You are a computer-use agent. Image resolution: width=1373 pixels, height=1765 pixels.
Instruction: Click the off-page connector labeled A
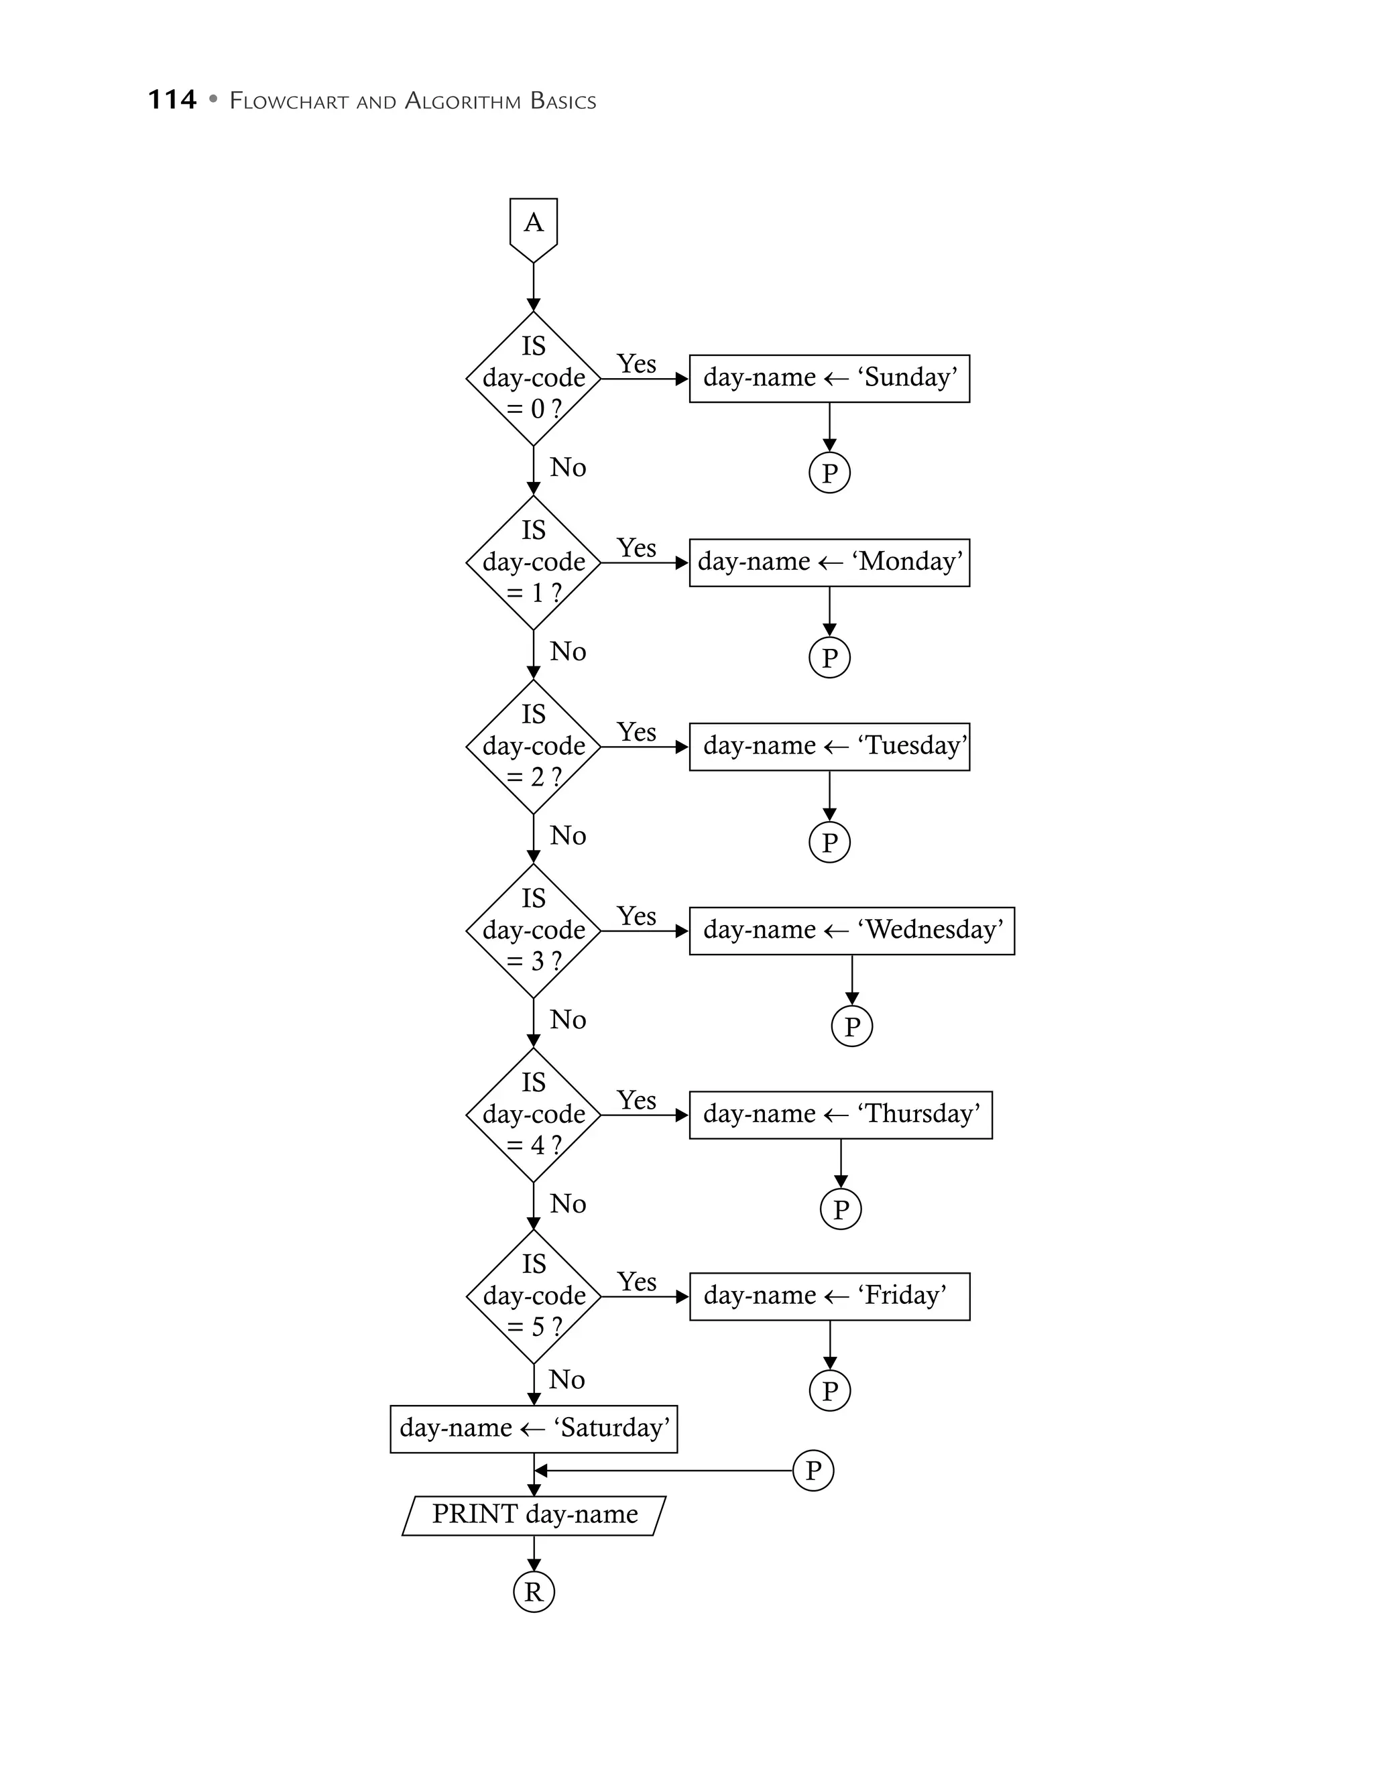(x=534, y=227)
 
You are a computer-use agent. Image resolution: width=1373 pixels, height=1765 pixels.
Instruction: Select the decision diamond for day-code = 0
(x=534, y=378)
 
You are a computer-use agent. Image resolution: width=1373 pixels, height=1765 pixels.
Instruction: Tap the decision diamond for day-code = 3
(x=534, y=930)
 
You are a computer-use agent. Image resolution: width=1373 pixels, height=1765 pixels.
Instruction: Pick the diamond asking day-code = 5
(x=534, y=1296)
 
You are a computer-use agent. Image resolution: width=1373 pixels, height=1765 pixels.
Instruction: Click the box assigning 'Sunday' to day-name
(x=829, y=378)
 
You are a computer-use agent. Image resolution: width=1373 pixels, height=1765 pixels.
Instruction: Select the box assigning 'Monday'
(x=829, y=562)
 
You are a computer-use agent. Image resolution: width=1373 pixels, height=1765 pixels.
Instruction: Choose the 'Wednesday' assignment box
(x=852, y=930)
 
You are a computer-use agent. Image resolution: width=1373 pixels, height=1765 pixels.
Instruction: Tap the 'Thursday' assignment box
(x=841, y=1115)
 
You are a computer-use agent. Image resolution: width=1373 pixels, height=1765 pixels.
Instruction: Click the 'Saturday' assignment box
(x=534, y=1428)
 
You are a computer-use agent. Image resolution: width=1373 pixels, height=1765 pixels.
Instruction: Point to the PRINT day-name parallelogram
(x=534, y=1515)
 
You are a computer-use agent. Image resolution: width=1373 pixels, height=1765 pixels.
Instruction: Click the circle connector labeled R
(x=534, y=1592)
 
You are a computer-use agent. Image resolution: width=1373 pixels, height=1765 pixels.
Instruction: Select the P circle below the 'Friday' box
(x=829, y=1391)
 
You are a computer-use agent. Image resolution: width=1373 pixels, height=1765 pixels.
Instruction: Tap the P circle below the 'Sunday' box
(x=829, y=473)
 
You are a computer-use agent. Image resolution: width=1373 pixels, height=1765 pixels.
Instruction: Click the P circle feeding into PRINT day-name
(x=813, y=1470)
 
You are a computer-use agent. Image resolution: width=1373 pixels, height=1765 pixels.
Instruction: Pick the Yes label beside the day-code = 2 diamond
(x=637, y=732)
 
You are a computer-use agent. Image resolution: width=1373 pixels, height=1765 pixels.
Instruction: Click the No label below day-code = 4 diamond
(x=568, y=1204)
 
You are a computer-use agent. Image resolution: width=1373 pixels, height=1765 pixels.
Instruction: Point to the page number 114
(x=172, y=100)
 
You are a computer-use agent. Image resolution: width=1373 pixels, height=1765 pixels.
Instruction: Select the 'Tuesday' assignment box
(x=829, y=746)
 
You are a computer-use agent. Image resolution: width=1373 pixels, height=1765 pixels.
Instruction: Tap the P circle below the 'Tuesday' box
(x=829, y=842)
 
